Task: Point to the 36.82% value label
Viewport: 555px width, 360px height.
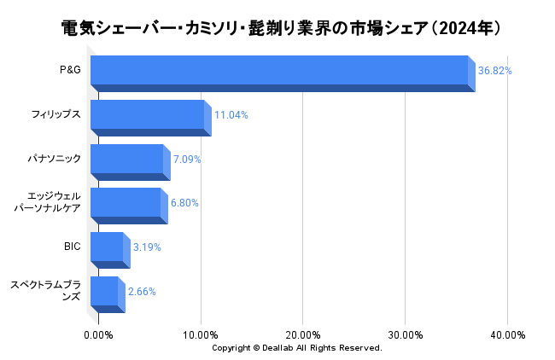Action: point(495,71)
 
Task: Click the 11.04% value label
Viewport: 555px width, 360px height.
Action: point(231,115)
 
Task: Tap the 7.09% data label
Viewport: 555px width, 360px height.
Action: point(187,160)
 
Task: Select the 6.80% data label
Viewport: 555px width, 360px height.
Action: point(185,203)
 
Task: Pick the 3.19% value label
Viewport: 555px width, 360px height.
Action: point(147,247)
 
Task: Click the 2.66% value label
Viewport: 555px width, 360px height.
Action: point(142,292)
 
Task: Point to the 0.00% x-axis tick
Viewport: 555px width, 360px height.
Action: point(99,334)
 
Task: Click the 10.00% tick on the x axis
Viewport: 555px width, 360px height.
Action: point(201,334)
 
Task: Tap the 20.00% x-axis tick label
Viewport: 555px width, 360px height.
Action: point(303,334)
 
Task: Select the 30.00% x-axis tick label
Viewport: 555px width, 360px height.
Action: point(406,334)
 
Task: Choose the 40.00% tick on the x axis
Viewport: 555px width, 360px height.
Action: point(507,334)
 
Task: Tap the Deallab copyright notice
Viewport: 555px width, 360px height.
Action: point(296,348)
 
